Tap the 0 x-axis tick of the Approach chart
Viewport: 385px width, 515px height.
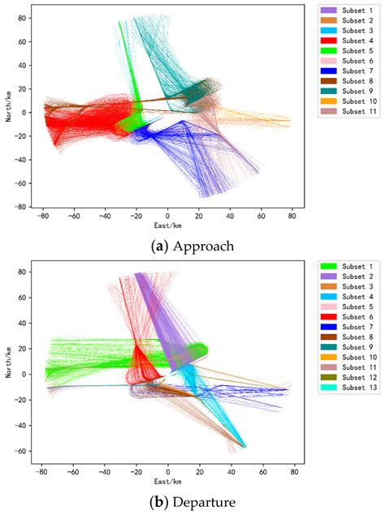168,217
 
